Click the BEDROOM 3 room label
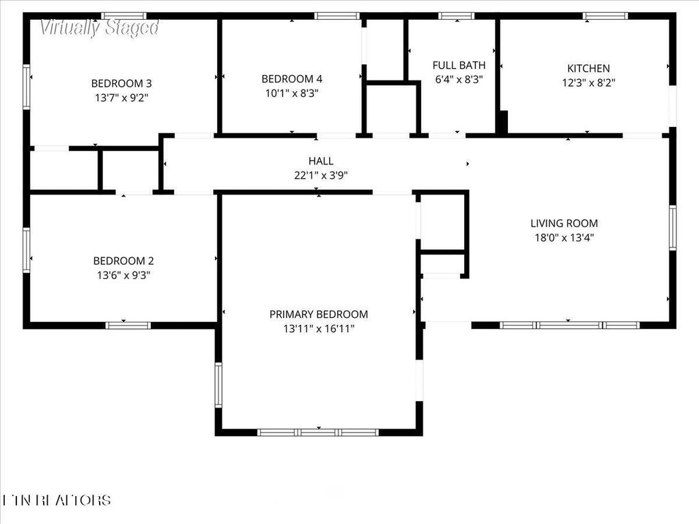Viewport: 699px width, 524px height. [122, 83]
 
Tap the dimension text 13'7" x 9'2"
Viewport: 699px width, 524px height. [122, 98]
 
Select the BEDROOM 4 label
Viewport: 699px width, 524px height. [291, 78]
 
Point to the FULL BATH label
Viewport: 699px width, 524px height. [459, 65]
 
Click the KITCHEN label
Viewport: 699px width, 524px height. [588, 68]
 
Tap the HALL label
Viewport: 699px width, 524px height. [321, 161]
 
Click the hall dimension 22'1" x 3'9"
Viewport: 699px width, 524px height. [321, 175]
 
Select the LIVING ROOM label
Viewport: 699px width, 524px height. [564, 223]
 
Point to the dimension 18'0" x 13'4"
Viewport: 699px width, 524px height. [564, 237]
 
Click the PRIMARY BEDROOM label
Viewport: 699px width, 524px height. [319, 315]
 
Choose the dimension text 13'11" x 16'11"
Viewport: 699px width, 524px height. [319, 328]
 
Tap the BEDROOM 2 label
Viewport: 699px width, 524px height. [124, 261]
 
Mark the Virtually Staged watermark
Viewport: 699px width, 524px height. [99, 28]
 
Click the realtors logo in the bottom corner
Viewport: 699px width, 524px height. [57, 500]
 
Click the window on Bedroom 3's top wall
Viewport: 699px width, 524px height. [124, 16]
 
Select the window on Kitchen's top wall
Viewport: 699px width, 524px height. [605, 16]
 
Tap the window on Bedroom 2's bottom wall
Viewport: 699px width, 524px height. [128, 325]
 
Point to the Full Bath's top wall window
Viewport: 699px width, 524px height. [456, 16]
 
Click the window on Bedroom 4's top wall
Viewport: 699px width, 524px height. [337, 16]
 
